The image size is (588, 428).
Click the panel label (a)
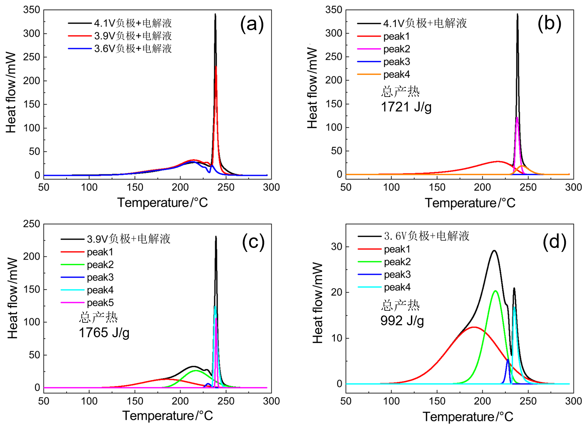pyautogui.click(x=252, y=24)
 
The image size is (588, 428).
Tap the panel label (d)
pyautogui.click(x=554, y=242)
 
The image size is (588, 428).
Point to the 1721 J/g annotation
pyautogui.click(x=406, y=107)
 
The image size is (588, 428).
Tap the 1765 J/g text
pyautogui.click(x=104, y=333)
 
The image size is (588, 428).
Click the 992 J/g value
pyautogui.click(x=402, y=321)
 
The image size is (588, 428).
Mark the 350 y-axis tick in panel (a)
pyautogui.click(x=32, y=10)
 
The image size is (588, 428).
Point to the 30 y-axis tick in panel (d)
pyautogui.click(x=337, y=247)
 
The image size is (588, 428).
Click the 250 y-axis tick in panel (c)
pyautogui.click(x=32, y=224)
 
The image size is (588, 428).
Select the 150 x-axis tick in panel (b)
pyautogui.click(x=437, y=187)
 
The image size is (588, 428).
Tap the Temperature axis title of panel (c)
pyautogui.click(x=168, y=416)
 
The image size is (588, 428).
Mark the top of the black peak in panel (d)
pyautogui.click(x=494, y=250)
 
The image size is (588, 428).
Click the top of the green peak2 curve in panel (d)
pyautogui.click(x=495, y=291)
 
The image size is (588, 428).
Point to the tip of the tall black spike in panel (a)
pyautogui.click(x=215, y=14)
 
